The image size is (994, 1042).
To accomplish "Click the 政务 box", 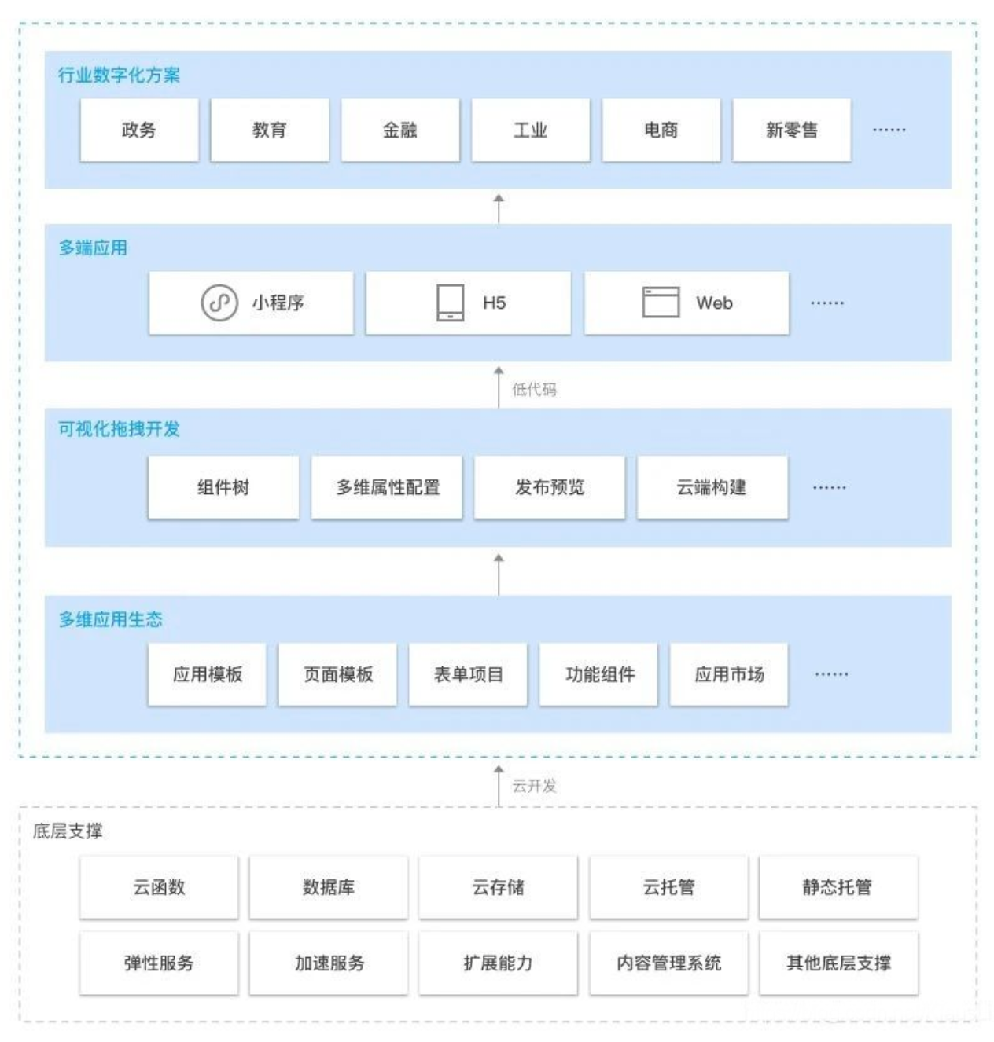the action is pos(139,130).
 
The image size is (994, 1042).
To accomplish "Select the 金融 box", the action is pos(400,130).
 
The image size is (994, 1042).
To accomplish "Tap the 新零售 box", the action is pos(791,130).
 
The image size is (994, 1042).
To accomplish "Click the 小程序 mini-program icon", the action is pos(219,303).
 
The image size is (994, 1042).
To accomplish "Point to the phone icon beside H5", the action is pos(450,303).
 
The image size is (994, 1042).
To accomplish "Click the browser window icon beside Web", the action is pos(661,302).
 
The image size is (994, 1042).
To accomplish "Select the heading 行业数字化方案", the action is pos(119,75).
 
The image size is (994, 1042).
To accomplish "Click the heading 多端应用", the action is pos(93,248).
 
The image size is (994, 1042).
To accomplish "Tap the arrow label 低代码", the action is pos(534,390).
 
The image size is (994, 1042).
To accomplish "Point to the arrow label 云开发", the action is pos(534,786).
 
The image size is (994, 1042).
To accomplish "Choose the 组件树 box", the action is pos(223,487).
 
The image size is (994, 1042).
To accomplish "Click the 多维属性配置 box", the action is pos(387,487).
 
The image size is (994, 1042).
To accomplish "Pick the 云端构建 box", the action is pos(712,487).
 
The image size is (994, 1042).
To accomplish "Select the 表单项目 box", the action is pos(468,674).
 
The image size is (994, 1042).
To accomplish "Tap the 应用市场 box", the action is pos(729,674).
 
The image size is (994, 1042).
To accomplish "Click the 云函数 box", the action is pos(159,886).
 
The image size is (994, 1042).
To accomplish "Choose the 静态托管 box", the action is pos(838,886).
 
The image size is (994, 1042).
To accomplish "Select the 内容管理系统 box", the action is pos(669,963).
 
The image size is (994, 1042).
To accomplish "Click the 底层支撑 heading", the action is pos(68,831).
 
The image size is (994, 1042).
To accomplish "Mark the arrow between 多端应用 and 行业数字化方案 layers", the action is pos(499,209).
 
